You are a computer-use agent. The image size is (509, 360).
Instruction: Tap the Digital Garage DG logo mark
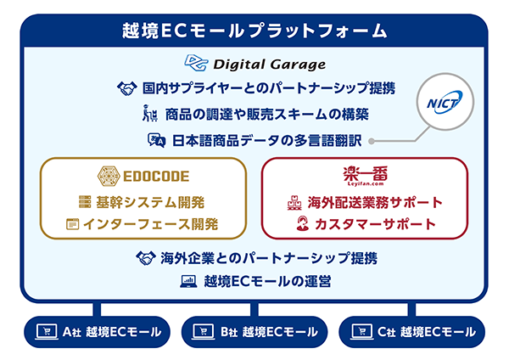tap(197, 62)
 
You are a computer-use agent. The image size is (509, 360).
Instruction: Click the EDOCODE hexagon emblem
tap(109, 176)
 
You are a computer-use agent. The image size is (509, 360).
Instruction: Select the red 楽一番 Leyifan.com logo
tap(365, 176)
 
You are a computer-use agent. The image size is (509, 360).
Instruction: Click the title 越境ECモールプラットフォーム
tap(255, 31)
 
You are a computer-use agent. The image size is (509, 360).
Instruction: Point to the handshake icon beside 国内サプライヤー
tap(127, 88)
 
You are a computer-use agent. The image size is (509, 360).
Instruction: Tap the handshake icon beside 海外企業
tap(146, 258)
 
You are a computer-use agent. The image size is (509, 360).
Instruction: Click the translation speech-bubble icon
tap(157, 140)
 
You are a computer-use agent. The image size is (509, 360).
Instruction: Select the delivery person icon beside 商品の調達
tap(150, 114)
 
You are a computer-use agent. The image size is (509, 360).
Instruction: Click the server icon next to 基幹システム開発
tap(85, 202)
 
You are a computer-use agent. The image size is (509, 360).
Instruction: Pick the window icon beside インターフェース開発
tap(73, 224)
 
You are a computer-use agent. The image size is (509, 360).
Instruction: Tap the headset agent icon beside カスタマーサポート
tap(303, 223)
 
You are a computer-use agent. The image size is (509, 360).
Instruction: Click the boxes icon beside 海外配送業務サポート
tap(294, 202)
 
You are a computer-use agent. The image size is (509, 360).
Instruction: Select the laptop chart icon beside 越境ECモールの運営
tap(188, 281)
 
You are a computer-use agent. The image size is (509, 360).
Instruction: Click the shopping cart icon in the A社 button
tap(47, 331)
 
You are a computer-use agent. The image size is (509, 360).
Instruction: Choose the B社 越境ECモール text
tap(269, 332)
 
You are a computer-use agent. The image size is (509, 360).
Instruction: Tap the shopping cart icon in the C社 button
tap(361, 331)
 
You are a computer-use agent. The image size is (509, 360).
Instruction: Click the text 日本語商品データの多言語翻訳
tap(267, 141)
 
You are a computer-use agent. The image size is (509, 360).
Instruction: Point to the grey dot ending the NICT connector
tap(372, 141)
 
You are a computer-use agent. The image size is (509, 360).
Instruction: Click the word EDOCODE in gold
tap(156, 177)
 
